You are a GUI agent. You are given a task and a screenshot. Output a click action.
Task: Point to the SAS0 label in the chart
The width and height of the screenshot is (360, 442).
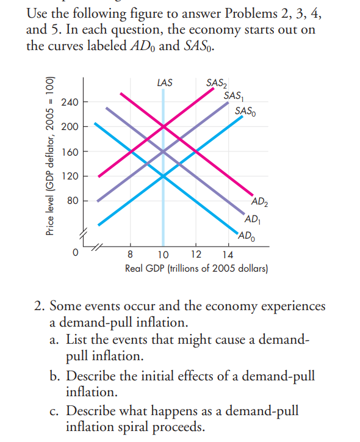245,111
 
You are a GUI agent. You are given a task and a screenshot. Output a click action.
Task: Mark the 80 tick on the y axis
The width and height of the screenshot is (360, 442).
71,200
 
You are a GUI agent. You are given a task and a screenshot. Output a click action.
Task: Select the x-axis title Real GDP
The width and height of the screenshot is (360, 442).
196,268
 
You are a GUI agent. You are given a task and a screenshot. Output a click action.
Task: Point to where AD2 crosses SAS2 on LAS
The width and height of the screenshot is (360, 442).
163,127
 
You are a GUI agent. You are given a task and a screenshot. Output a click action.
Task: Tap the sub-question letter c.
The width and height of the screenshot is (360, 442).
54,411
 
